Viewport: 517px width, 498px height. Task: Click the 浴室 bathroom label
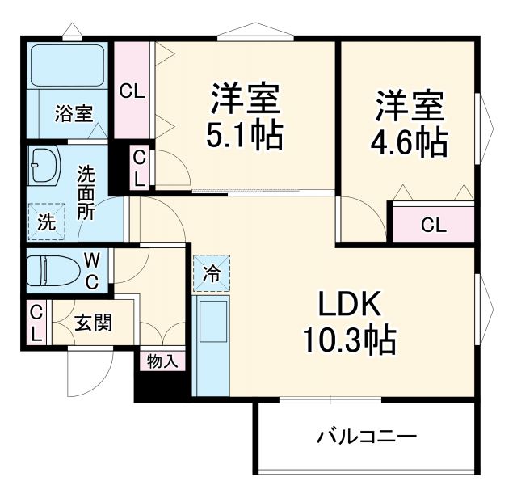click(x=73, y=113)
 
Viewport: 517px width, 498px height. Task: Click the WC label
click(x=93, y=271)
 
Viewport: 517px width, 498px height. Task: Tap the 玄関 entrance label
click(x=94, y=323)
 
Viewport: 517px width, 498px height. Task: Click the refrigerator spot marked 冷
click(x=211, y=272)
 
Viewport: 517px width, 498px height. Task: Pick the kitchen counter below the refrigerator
click(x=212, y=344)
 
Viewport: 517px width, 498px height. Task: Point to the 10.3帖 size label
click(x=349, y=340)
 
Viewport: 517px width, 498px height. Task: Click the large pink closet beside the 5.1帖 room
click(x=132, y=90)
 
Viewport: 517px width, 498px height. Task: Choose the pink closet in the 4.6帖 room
click(x=433, y=225)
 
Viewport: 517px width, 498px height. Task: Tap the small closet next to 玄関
click(x=36, y=323)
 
